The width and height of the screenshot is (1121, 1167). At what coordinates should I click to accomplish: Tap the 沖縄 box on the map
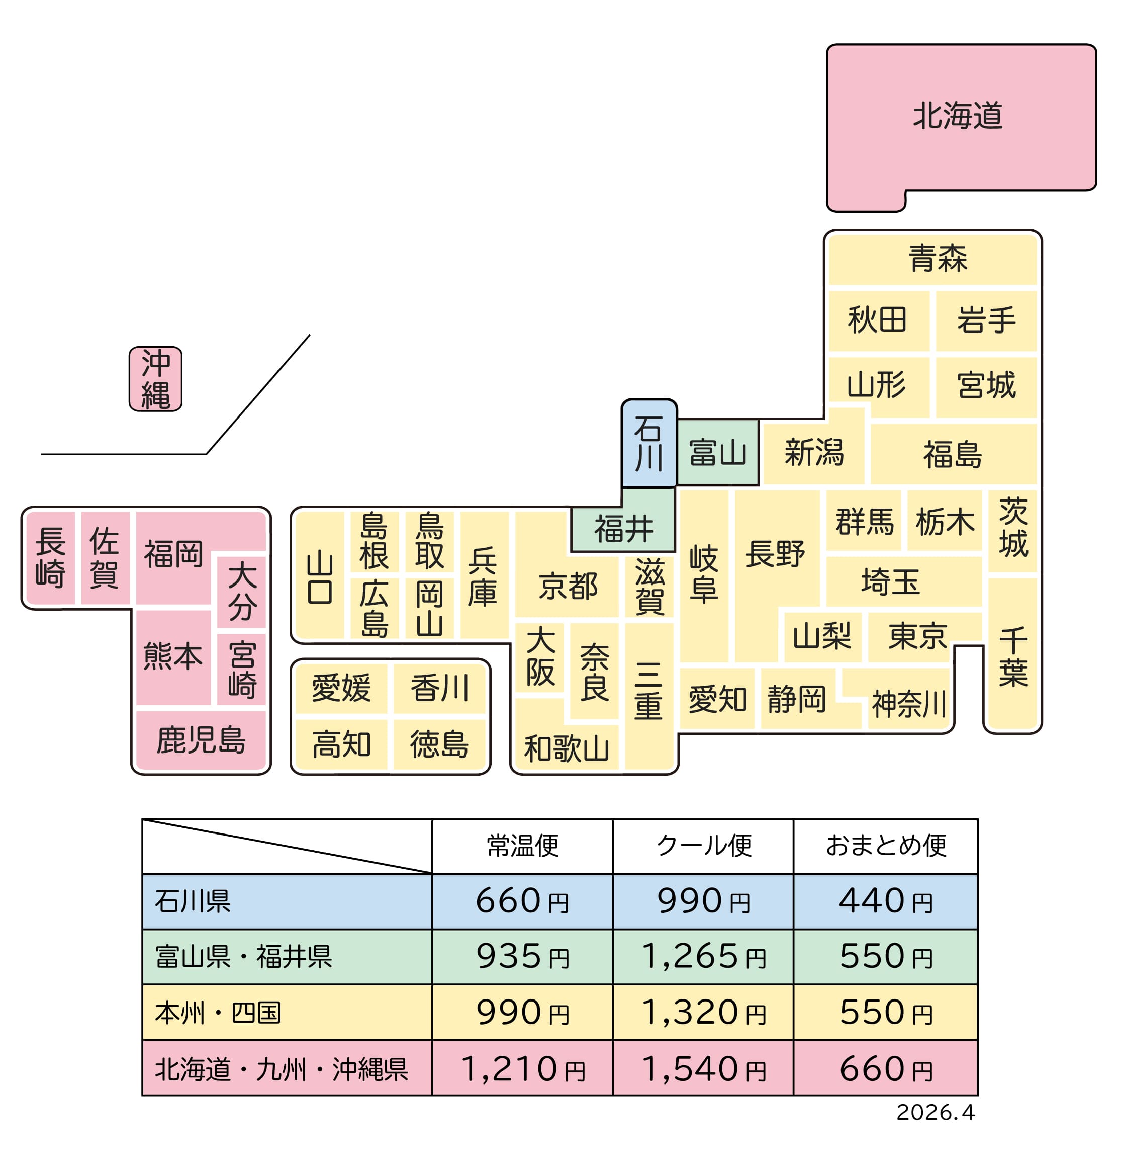point(155,379)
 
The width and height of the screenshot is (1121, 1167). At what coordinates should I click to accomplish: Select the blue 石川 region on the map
point(648,444)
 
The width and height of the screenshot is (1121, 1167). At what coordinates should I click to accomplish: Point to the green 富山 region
point(717,453)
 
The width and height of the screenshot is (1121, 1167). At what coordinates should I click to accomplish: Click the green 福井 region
point(623,529)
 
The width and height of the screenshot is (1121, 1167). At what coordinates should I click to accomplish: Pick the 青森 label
point(937,259)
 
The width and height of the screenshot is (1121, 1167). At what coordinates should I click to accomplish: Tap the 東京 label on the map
point(917,636)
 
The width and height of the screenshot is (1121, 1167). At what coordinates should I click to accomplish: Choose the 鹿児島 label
point(201,740)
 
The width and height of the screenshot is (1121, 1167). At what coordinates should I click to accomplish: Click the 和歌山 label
point(566,748)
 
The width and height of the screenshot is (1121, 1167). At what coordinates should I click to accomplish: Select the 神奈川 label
point(908,704)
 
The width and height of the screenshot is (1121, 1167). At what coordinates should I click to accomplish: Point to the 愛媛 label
point(341,688)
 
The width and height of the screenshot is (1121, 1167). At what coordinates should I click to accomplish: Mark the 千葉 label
point(1013,657)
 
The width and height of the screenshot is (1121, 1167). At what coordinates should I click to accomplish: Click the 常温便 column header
point(522,846)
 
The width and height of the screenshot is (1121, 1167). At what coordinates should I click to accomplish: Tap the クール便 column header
point(703,846)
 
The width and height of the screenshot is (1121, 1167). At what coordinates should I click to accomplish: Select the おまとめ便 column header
point(885,846)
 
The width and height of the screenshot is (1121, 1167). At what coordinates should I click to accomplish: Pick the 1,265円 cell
point(703,957)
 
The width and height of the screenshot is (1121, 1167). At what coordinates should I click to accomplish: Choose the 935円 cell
point(522,957)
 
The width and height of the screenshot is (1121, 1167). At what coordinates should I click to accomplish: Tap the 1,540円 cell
point(703,1069)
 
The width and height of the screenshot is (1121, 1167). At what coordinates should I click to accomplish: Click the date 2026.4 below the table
point(936,1112)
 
